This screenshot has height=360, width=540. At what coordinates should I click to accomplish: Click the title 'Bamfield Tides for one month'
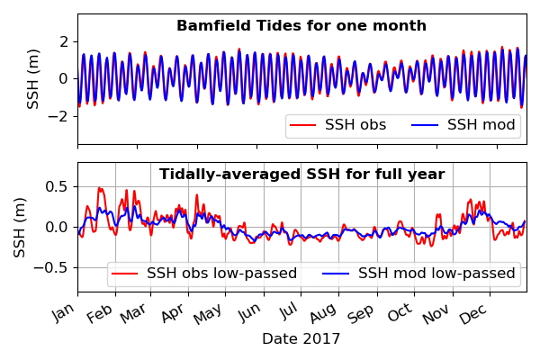[x=301, y=26]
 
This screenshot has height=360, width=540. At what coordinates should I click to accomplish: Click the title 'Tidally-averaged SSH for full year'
[x=301, y=174]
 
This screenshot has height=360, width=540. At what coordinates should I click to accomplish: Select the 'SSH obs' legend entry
[x=337, y=125]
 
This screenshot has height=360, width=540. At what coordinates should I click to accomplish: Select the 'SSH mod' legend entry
[x=463, y=125]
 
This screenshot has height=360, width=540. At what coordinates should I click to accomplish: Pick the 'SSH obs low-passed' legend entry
[x=204, y=274]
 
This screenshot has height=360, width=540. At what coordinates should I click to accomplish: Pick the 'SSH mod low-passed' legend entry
[x=418, y=274]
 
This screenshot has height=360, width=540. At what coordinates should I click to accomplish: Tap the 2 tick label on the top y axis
[x=64, y=42]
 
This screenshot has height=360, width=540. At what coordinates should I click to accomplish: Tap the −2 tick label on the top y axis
[x=58, y=116]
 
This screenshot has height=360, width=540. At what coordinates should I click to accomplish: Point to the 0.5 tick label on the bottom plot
[x=58, y=186]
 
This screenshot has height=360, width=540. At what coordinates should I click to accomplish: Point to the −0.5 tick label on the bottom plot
[x=51, y=267]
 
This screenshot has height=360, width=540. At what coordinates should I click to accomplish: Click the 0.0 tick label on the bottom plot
[x=58, y=228]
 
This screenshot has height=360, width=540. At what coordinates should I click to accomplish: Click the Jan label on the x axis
[x=65, y=312]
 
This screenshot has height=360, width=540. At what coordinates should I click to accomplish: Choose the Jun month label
[x=250, y=312]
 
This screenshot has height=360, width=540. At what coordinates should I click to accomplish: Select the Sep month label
[x=361, y=313]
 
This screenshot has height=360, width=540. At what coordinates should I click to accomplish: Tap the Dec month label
[x=474, y=313]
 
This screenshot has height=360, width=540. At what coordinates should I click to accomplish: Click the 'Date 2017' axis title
[x=301, y=339]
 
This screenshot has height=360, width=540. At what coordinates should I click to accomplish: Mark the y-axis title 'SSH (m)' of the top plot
[x=33, y=79]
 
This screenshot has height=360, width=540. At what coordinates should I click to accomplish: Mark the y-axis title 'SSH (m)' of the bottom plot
[x=20, y=228]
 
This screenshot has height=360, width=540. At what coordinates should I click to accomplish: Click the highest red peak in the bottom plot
[x=100, y=188]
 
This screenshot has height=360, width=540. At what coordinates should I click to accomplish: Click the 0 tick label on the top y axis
[x=64, y=79]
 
